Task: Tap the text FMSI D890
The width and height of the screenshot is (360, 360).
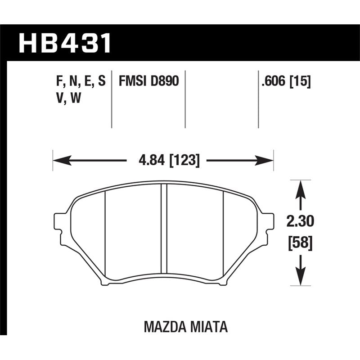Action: [149, 81]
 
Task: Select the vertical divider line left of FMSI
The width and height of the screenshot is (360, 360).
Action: [111, 99]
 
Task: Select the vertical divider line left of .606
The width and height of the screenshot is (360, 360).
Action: [258, 99]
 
